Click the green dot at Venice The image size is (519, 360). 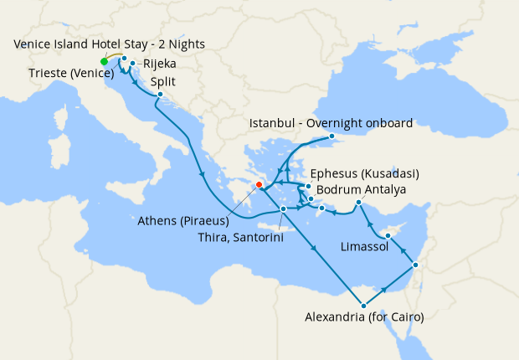click(x=104, y=61)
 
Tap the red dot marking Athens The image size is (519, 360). click(x=259, y=184)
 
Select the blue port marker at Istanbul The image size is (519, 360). click(x=331, y=136)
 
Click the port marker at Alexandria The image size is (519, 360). click(x=362, y=305)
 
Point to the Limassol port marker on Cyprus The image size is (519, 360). click(x=388, y=236)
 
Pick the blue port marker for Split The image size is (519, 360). click(x=159, y=95)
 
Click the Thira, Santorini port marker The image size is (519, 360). click(x=284, y=208)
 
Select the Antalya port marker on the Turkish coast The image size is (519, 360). click(x=358, y=203)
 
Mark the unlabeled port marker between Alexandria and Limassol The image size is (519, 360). click(x=415, y=266)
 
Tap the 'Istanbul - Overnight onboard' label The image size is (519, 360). click(x=331, y=123)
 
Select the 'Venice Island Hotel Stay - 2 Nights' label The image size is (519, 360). click(x=109, y=44)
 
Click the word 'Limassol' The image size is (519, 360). click(x=364, y=247)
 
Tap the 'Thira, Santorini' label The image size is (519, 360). click(x=239, y=238)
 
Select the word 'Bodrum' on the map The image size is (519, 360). click(x=337, y=190)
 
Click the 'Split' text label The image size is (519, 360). click(x=163, y=82)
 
